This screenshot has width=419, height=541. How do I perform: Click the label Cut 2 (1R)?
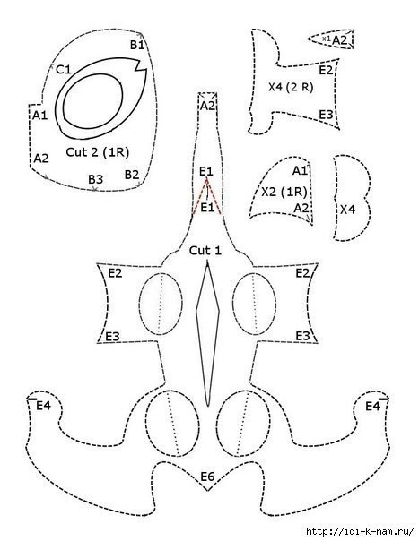click(x=97, y=151)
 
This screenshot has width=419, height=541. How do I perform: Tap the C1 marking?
click(x=64, y=70)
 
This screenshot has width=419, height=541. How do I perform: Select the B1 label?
click(x=137, y=45)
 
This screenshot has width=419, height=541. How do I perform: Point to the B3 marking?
click(x=95, y=179)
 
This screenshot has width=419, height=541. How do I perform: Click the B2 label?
click(x=132, y=175)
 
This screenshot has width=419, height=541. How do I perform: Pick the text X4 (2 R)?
click(x=291, y=87)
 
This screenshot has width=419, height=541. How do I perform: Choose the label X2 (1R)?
click(x=284, y=192)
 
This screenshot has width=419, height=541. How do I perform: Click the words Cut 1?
click(x=205, y=251)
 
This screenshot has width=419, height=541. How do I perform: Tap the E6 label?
click(x=207, y=477)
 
